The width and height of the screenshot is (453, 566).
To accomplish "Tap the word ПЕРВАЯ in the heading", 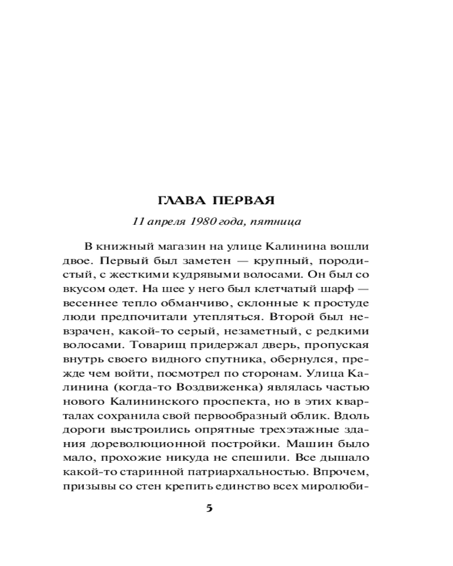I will tap(243, 201).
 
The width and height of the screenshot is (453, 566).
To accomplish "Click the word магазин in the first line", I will tap(177, 247).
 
